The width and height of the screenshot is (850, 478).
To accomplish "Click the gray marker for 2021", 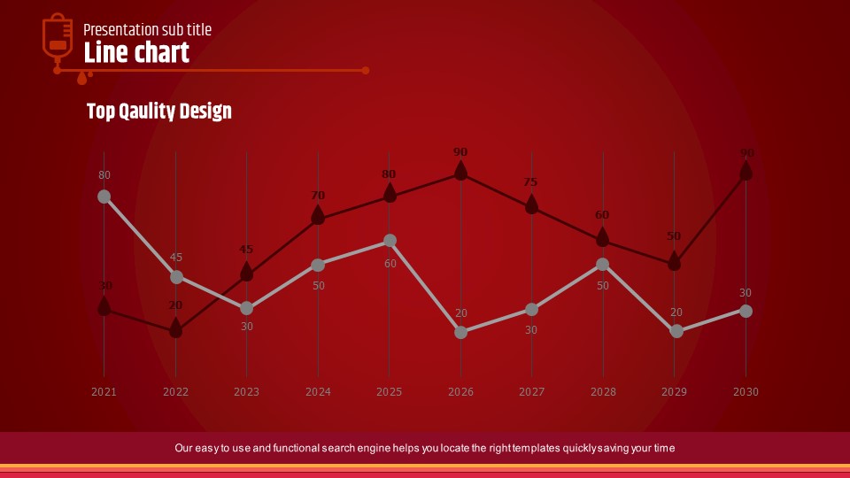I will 104,197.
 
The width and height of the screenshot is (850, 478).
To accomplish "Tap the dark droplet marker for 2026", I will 460,171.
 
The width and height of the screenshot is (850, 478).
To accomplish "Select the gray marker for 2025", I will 390,241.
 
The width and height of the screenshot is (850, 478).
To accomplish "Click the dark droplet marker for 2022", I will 176,329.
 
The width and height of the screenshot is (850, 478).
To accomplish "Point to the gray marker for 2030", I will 746,311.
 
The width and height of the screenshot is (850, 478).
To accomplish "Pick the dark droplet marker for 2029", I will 674,261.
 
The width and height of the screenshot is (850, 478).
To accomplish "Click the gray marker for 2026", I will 460,332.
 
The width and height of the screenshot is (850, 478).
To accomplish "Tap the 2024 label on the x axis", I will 318,391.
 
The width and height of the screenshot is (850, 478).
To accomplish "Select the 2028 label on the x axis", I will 603,391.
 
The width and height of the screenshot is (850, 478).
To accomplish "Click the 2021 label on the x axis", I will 104,391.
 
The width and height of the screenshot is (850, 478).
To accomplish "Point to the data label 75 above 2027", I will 530,182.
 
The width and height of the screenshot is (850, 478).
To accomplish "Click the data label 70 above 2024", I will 318,196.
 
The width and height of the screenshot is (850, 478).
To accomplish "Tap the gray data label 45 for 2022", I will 176,258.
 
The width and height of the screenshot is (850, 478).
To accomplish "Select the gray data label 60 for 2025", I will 390,264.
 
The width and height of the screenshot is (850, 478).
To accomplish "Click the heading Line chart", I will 136,53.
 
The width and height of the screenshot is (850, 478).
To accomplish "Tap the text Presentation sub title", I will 147,30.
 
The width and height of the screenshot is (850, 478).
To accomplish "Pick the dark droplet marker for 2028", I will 602,237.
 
